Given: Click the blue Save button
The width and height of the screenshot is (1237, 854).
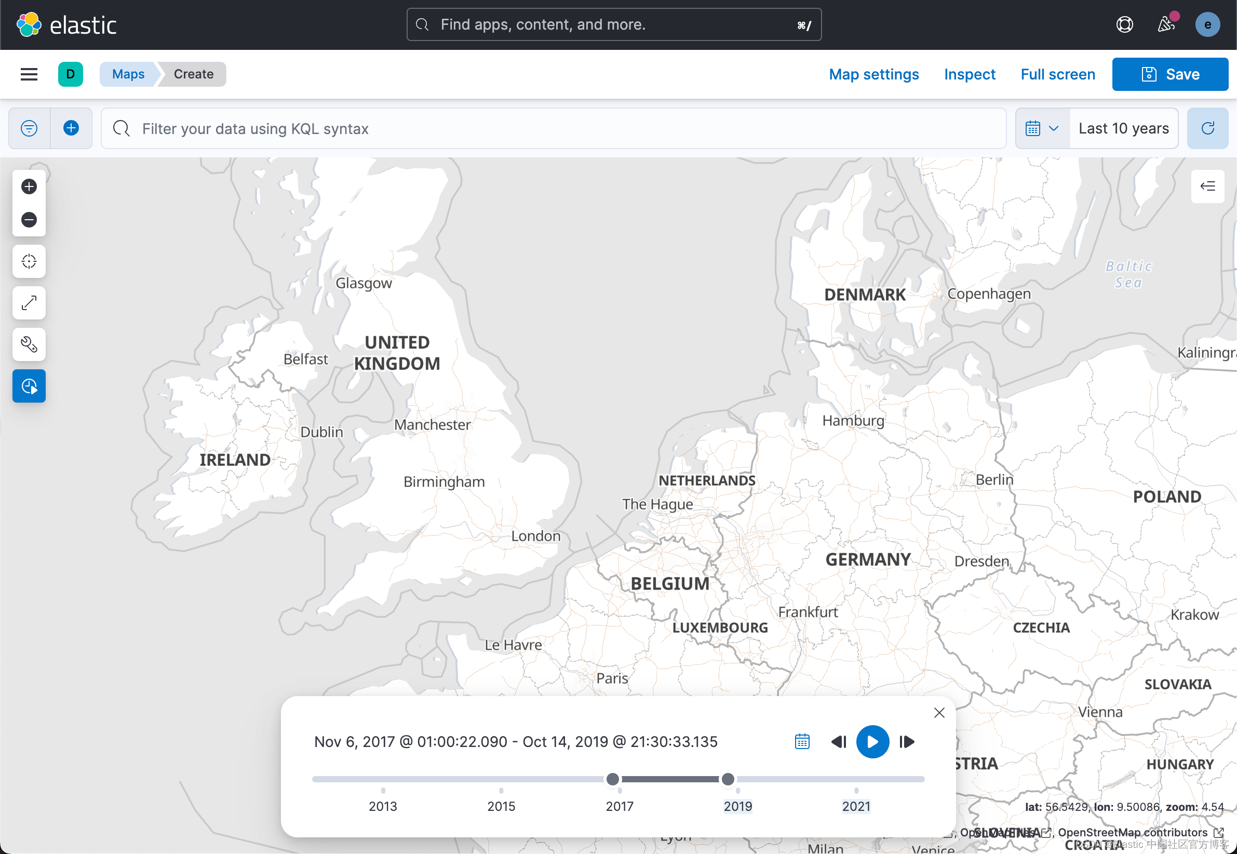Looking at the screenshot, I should pos(1169,74).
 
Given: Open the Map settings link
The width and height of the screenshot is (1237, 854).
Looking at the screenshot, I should pos(873,74).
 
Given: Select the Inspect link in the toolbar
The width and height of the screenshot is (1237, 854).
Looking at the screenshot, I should pos(969,74).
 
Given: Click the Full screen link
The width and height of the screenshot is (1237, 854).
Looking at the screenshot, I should pos(1057,74).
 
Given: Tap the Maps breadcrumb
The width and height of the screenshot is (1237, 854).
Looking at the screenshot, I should pos(128,74).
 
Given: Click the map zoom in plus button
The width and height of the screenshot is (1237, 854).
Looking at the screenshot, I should pos(29,186).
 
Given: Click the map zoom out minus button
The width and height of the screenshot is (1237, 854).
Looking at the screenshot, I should pos(29,220).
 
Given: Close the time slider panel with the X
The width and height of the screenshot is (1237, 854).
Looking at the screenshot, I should pos(938,713).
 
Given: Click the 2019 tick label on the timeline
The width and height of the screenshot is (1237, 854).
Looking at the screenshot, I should pos(737,806).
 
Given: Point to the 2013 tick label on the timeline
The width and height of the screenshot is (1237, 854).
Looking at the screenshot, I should pos(383,806).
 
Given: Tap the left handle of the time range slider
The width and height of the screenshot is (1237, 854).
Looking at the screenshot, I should pos(613,779).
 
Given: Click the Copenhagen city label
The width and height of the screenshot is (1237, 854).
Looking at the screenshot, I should pos(989,294).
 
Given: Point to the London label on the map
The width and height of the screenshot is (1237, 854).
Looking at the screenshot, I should pos(536,536).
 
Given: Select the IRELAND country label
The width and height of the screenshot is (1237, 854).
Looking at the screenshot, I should pos(235,460).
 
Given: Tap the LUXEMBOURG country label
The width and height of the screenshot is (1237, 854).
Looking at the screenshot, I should pos(720,628).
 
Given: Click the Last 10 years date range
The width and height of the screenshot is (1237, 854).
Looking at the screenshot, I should pos(1123,128).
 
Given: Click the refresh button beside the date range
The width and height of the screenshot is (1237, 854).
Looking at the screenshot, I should pos(1207,128).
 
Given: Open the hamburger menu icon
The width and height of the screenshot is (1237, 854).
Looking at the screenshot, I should pos(29,74).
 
